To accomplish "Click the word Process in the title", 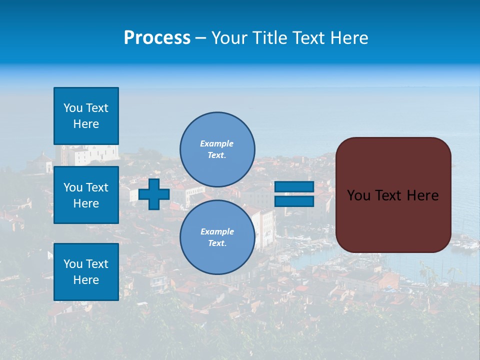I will point(157,38).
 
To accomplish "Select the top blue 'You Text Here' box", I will point(86,116).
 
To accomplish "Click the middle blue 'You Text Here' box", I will point(86,195).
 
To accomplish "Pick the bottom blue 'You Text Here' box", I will point(86,271).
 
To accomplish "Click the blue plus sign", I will point(154,194).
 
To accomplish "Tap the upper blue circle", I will point(217,149).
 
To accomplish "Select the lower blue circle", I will point(217,237).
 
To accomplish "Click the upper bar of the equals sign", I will point(294,186).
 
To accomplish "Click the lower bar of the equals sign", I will point(294,201).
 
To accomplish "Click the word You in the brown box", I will point(358,195).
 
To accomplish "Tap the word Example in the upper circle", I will point(216,143).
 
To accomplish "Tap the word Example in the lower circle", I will point(217,231).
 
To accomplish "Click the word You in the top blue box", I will point(73,108).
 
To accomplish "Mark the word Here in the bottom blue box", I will point(86,280).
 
